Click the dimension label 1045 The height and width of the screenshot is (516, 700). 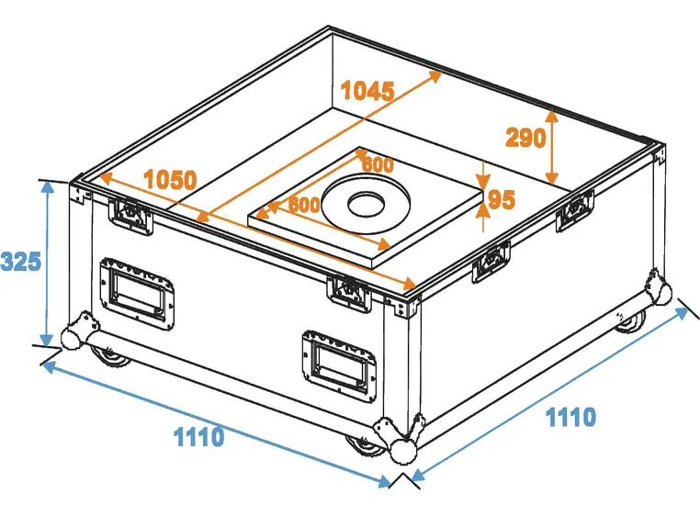point(367,91)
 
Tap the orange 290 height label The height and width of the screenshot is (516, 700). point(525,138)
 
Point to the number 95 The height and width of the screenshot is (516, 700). point(502,199)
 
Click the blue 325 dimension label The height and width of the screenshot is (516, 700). point(20,262)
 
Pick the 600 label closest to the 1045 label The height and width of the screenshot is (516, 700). point(378,165)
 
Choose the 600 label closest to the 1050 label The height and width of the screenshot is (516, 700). point(304,204)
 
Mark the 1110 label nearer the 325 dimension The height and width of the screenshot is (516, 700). point(198,437)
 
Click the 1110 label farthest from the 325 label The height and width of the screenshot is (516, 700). point(570,418)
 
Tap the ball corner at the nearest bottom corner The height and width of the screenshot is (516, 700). point(403,451)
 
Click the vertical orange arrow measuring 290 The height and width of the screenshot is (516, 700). point(551,147)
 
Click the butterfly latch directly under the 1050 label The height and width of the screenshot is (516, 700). point(131,215)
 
